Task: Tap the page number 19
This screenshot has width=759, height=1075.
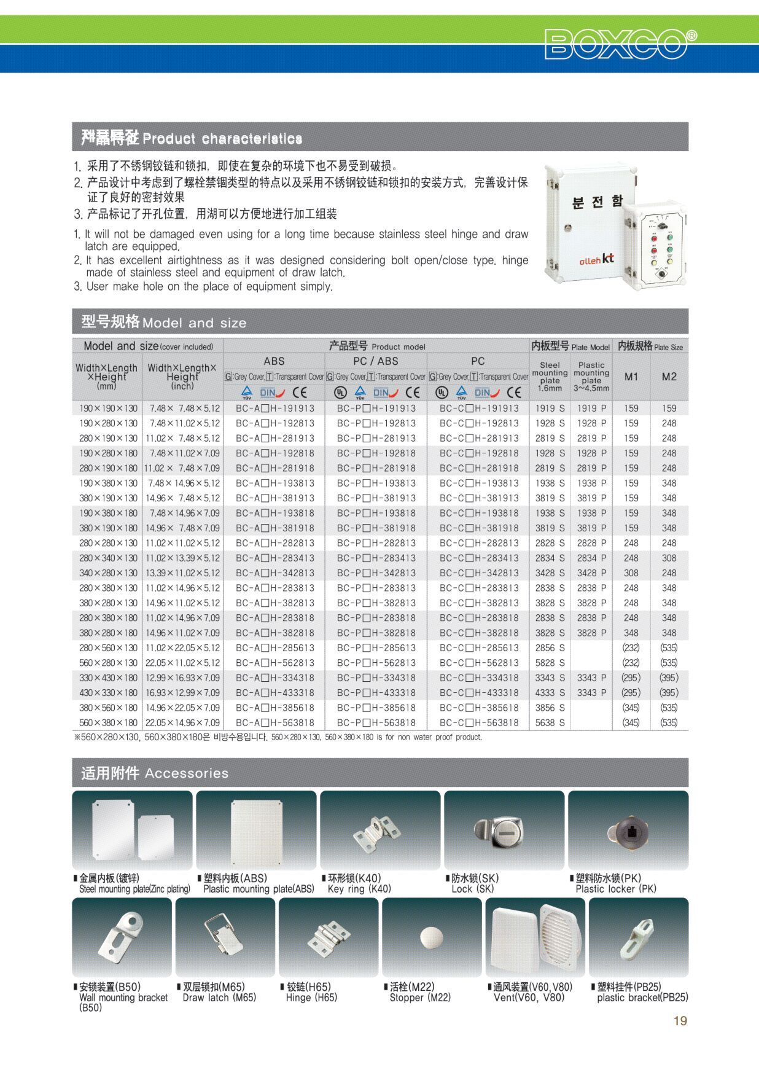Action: click(680, 1020)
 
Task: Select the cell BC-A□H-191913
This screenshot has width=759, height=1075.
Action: click(274, 408)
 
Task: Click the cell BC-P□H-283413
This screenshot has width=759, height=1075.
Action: click(376, 558)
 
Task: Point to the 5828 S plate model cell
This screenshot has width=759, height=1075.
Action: click(550, 663)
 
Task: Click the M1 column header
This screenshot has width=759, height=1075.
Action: click(631, 377)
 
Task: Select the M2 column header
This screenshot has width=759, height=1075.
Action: click(669, 377)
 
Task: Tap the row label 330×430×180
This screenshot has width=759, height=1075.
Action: click(108, 678)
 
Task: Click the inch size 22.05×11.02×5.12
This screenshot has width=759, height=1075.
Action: click(182, 663)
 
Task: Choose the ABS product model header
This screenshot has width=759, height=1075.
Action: click(274, 361)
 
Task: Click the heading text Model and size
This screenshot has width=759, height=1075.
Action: click(194, 323)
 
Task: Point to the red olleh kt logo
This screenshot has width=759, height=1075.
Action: click(596, 259)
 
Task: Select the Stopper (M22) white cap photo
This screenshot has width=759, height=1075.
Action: click(431, 937)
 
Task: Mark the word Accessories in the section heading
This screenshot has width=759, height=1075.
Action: click(187, 773)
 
